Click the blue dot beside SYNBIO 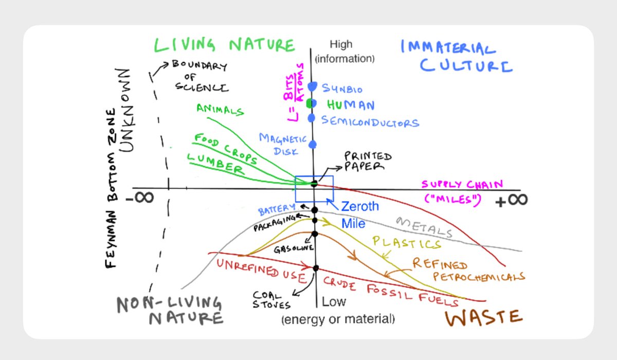[312, 87]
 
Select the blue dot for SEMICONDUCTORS [311, 118]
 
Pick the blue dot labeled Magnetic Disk [312, 145]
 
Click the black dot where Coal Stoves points [316, 267]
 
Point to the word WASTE [483, 317]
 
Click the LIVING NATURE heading [225, 45]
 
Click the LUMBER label [215, 163]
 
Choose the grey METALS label [425, 227]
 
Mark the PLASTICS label [407, 243]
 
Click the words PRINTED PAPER [368, 160]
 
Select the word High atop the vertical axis [341, 45]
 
